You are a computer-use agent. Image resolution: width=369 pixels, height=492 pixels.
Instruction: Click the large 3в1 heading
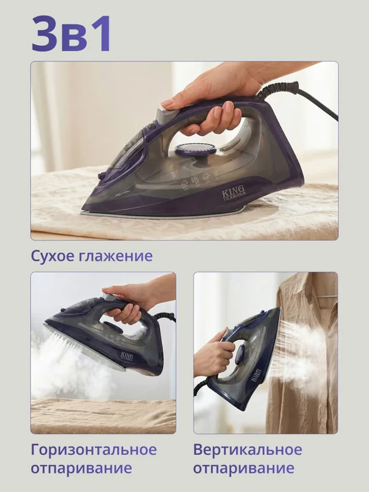pos(72,34)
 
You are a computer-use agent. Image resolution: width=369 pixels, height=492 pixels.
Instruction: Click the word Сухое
pos(52,256)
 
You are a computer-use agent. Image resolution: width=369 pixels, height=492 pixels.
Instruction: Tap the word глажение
pos(115,256)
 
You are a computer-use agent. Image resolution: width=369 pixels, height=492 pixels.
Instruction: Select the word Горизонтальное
pos(94,450)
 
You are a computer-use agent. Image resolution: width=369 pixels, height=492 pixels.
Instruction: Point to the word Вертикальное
pos(247,450)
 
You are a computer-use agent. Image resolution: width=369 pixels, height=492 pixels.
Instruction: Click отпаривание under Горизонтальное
pos(82,468)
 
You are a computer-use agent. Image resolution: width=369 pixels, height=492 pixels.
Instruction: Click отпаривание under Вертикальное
pos(243,468)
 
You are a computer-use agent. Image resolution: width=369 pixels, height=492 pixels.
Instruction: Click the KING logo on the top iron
pos(234,192)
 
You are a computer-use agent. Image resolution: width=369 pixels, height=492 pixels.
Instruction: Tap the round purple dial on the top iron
pos(195,150)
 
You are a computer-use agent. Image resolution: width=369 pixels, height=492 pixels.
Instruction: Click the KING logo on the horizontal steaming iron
pos(127,357)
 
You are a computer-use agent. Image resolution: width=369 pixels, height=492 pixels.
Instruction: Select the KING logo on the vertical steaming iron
pos(256,375)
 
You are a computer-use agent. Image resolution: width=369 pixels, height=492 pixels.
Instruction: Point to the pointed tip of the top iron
pos(83,209)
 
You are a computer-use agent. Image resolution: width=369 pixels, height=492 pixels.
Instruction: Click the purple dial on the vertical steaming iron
pos(240,355)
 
